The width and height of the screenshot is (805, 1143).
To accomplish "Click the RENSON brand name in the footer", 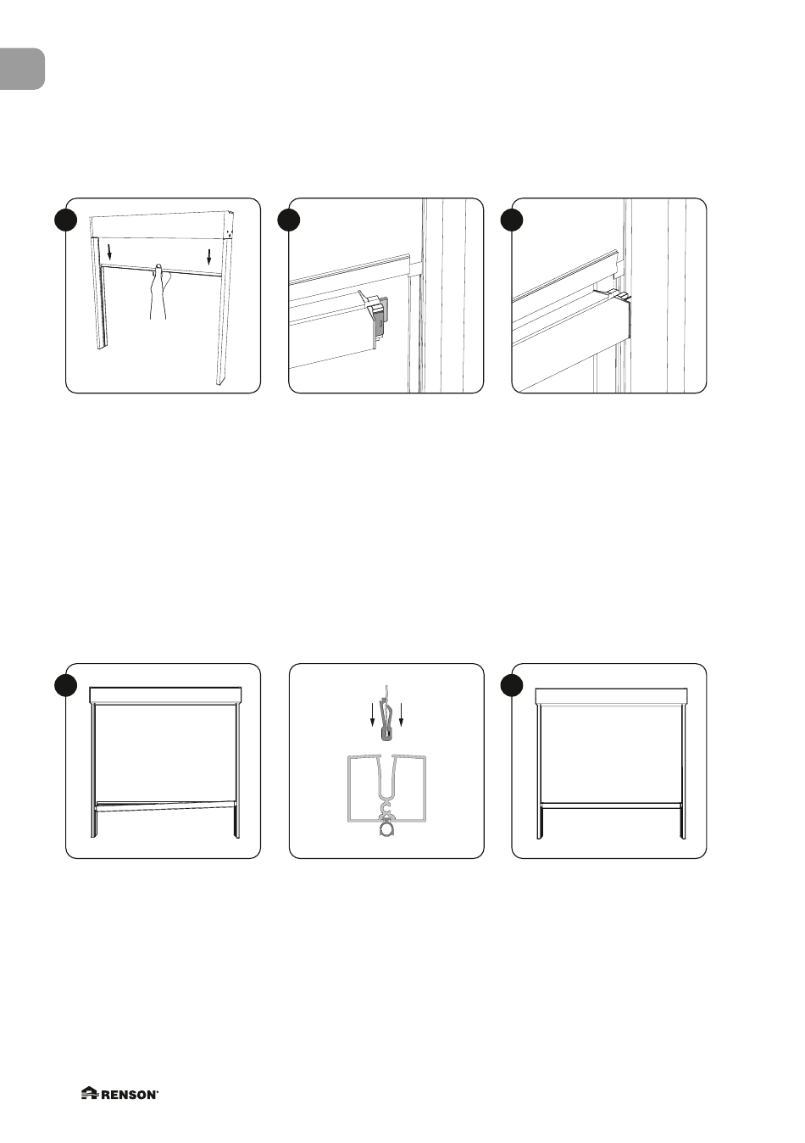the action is [x=130, y=1090].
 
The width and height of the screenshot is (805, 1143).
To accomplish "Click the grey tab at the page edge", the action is [x=22, y=69].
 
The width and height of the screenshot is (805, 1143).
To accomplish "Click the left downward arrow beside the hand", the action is [x=108, y=252].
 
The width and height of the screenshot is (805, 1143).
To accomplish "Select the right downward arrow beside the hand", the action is [x=209, y=258].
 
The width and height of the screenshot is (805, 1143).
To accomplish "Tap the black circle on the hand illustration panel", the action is [x=66, y=220].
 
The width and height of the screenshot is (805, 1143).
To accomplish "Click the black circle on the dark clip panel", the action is [x=289, y=220].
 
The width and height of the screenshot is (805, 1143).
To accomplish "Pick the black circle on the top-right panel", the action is [x=512, y=220].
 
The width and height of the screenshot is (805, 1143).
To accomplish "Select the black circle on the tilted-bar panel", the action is [x=66, y=686].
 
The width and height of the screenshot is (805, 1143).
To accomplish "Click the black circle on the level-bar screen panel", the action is [x=512, y=686].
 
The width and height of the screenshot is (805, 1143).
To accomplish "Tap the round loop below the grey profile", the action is [x=387, y=831].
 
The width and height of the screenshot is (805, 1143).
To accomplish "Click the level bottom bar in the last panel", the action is [x=611, y=806].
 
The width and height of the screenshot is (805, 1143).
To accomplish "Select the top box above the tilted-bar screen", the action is [x=165, y=695].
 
